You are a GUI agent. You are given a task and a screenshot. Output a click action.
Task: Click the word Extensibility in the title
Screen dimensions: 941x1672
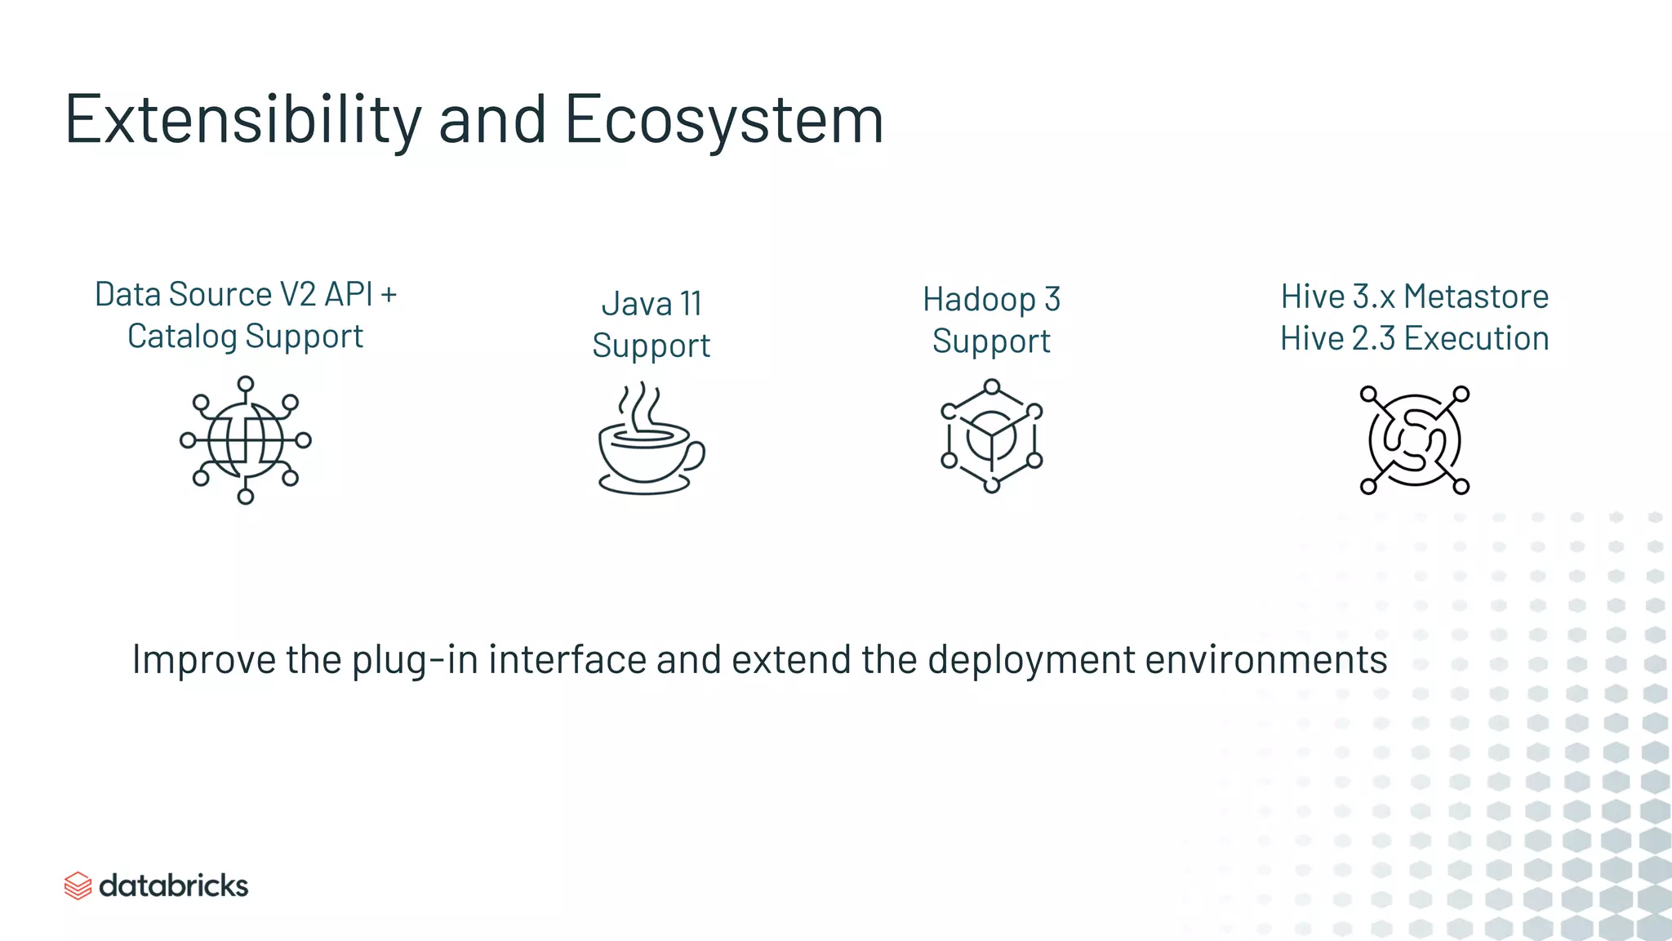pyautogui.click(x=242, y=120)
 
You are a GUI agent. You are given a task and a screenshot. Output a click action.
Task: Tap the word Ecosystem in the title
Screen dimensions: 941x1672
pyautogui.click(x=723, y=120)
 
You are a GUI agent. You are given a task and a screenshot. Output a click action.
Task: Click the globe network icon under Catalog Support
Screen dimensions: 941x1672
pyautogui.click(x=245, y=439)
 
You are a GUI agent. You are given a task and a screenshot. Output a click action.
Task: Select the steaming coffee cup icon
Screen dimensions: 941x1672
pyautogui.click(x=650, y=441)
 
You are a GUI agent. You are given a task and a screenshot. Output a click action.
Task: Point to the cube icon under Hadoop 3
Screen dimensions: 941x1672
pyautogui.click(x=991, y=436)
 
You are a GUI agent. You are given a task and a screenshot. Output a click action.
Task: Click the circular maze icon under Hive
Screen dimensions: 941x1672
pyautogui.click(x=1414, y=440)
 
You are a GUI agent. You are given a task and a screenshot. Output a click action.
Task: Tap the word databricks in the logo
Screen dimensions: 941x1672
pyautogui.click(x=173, y=885)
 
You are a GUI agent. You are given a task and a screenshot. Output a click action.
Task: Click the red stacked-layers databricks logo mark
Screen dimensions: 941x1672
pyautogui.click(x=78, y=885)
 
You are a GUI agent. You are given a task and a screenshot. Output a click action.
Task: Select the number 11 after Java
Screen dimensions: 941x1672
pyautogui.click(x=691, y=304)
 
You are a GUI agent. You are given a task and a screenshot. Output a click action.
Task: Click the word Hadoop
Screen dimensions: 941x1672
pyautogui.click(x=979, y=300)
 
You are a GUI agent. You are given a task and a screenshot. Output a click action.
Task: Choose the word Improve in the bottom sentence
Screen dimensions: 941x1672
pyautogui.click(x=203, y=660)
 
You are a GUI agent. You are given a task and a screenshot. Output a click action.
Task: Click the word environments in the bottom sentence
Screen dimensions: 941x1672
pyautogui.click(x=1266, y=660)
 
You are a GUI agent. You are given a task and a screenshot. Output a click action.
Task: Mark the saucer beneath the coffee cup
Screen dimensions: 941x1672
pyautogui.click(x=646, y=485)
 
